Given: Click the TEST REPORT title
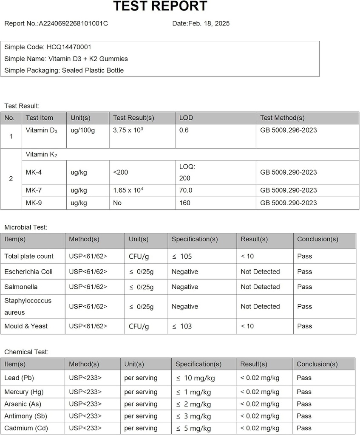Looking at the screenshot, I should (x=160, y=6).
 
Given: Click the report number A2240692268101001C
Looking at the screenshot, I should (x=73, y=23).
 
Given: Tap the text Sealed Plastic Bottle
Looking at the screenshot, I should (x=93, y=70).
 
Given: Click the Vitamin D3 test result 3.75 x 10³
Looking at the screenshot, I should (x=128, y=130).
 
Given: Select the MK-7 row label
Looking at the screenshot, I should (x=34, y=190).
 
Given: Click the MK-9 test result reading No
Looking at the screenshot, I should (x=117, y=203).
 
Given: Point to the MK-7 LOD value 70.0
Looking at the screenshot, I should (x=186, y=190).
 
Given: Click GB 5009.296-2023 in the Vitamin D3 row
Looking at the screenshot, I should (x=288, y=130).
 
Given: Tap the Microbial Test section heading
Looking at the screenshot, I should (x=26, y=227).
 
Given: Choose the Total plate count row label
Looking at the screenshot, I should (x=29, y=256).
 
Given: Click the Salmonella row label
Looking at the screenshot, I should (x=21, y=287).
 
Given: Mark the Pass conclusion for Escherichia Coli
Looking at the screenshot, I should (x=304, y=271).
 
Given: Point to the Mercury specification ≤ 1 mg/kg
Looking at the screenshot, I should (x=193, y=392).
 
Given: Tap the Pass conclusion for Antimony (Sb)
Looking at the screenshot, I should (x=304, y=416).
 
